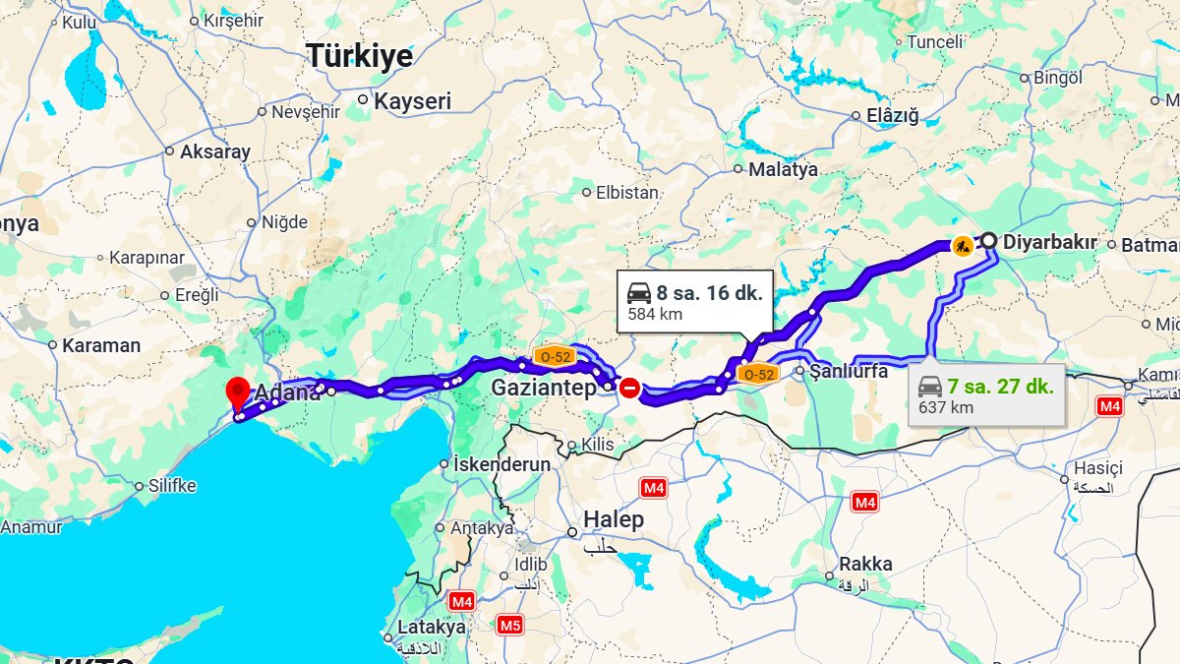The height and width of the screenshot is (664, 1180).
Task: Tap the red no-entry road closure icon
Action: pyautogui.click(x=629, y=390)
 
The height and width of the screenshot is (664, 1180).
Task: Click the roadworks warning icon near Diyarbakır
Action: pyautogui.click(x=963, y=244)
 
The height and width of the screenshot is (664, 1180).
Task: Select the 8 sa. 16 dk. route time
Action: pyautogui.click(x=709, y=292)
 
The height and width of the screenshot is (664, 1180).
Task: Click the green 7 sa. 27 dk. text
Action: pyautogui.click(x=1000, y=386)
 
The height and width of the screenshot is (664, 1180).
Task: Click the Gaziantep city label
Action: pyautogui.click(x=543, y=388)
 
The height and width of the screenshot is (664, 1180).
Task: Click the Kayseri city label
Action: pyautogui.click(x=412, y=100)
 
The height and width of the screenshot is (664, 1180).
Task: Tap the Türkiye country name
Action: pyautogui.click(x=359, y=56)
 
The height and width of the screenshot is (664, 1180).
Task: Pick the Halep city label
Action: pyautogui.click(x=614, y=519)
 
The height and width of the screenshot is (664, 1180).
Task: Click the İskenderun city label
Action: pyautogui.click(x=501, y=464)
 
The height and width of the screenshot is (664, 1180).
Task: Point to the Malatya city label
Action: pyautogui.click(x=783, y=169)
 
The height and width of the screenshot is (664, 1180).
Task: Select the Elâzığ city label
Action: pyautogui.click(x=893, y=116)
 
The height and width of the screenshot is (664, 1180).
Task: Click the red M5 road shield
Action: pyautogui.click(x=509, y=624)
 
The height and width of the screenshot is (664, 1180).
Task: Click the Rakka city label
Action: pyautogui.click(x=865, y=564)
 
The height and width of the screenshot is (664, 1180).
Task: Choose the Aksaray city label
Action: pyautogui.click(x=214, y=151)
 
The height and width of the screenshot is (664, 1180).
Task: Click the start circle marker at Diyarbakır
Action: pyautogui.click(x=988, y=240)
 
